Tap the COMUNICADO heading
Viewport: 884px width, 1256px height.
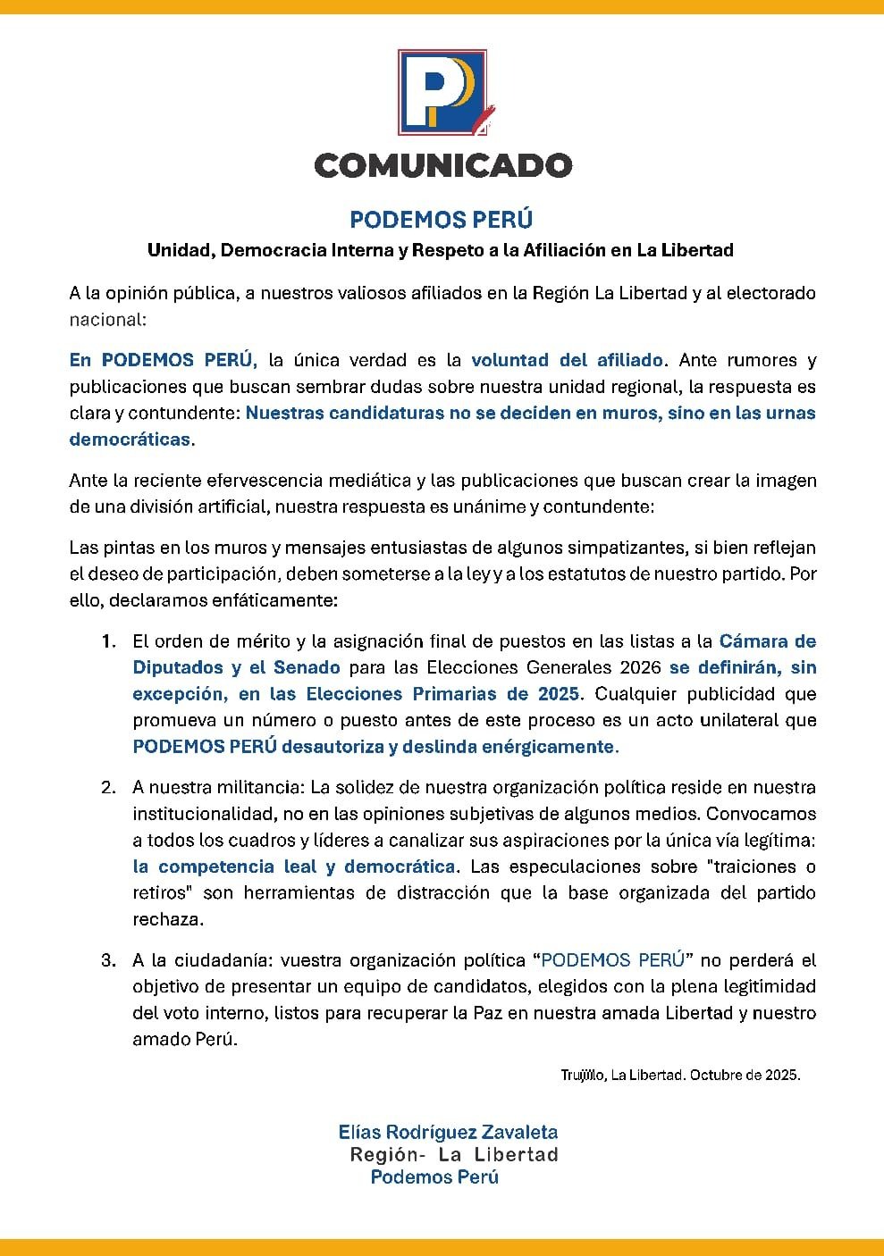[x=442, y=165]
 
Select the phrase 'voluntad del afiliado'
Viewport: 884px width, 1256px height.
[x=567, y=360]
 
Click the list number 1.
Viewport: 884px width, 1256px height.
[x=107, y=641]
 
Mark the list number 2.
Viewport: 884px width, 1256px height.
[x=107, y=788]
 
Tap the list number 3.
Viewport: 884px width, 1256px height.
[x=107, y=961]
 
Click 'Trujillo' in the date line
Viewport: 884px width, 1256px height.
[x=582, y=1076]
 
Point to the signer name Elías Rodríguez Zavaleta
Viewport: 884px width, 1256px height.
[x=448, y=1132]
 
